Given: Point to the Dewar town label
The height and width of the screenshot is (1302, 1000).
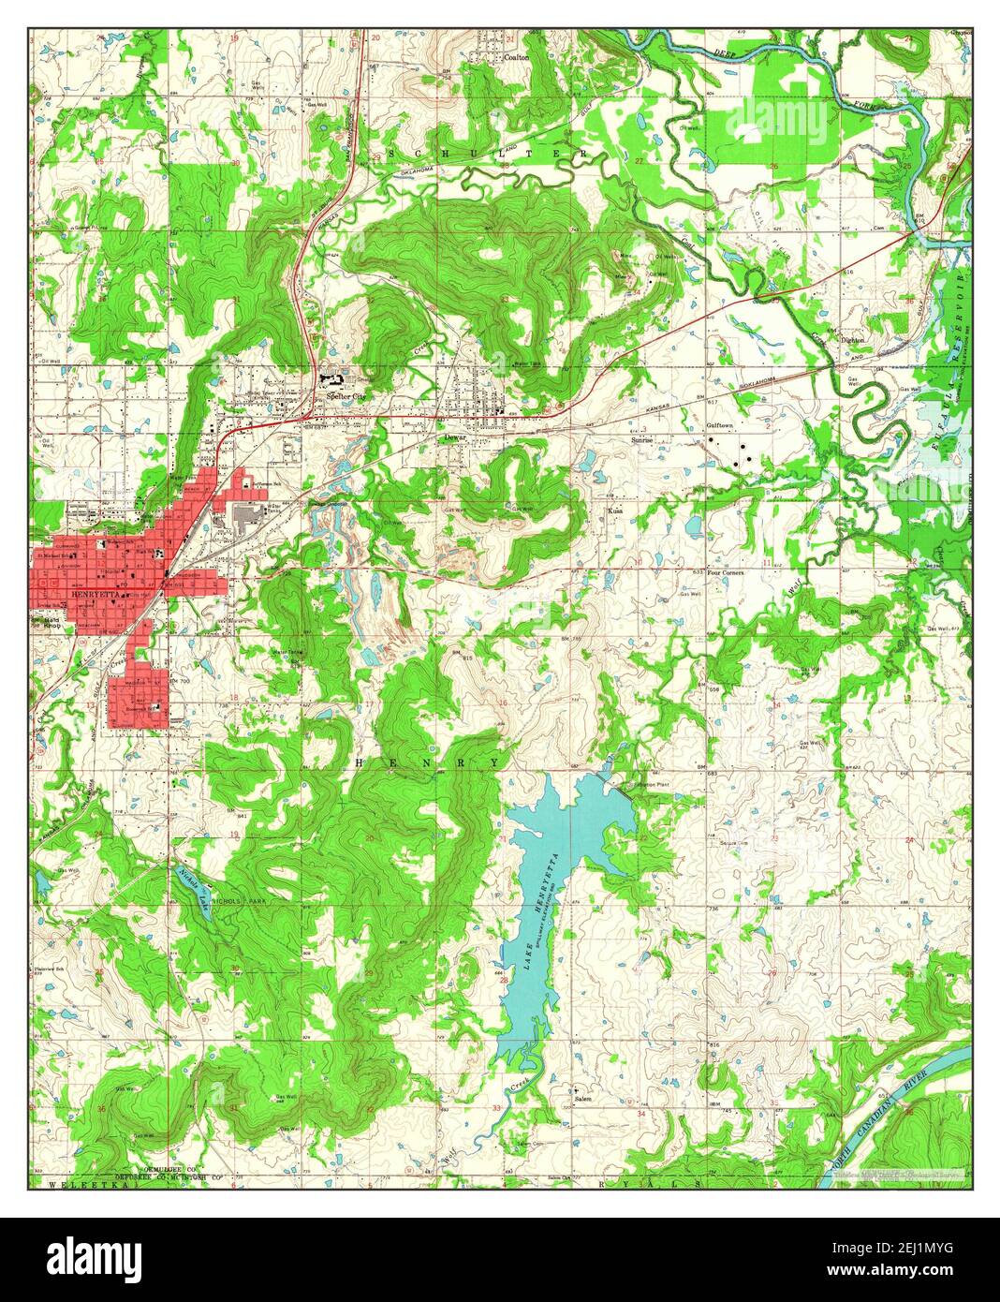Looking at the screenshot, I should click(x=455, y=436).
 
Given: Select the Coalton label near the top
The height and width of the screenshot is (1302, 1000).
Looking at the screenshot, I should click(x=517, y=57).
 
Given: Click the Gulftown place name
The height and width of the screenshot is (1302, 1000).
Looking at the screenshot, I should click(x=717, y=424).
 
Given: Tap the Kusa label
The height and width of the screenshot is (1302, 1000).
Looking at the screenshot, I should click(x=615, y=511).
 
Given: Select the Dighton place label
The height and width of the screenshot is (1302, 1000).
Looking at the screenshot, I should click(x=851, y=340).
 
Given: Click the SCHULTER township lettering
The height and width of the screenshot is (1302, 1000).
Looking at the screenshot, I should click(x=487, y=153).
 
